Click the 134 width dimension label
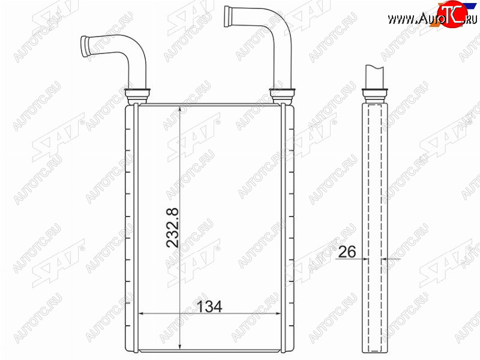[x=209, y=307]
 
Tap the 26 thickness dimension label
[x=347, y=251]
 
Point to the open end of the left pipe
[x=85, y=47]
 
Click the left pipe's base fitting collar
[x=138, y=95]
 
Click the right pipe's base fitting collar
[x=282, y=95]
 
